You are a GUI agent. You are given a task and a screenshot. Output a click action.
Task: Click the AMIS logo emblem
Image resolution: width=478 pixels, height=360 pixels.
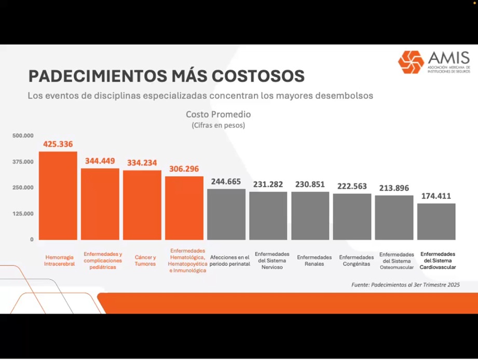point(411,62)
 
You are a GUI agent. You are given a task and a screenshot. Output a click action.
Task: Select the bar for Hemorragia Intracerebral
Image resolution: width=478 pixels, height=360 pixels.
point(58,195)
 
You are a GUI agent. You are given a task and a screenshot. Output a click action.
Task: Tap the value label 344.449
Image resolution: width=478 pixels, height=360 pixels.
point(100,161)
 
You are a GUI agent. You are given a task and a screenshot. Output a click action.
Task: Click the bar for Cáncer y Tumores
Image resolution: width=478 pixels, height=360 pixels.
point(142,205)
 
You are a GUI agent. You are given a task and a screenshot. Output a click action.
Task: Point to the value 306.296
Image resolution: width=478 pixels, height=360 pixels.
point(184,169)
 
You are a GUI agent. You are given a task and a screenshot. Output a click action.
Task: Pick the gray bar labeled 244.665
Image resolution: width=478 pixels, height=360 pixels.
point(226,214)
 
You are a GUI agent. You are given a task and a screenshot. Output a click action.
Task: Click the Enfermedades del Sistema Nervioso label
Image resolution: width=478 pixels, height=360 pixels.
point(268,260)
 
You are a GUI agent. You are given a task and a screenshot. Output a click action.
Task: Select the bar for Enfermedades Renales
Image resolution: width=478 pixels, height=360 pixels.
point(310,216)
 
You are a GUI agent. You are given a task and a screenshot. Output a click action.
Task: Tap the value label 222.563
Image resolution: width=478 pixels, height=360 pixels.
point(352,186)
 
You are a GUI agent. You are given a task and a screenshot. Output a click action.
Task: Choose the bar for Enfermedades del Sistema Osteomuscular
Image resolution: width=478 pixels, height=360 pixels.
point(394,217)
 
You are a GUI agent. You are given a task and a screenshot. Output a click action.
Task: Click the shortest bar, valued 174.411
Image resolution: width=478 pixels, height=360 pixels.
point(436,221)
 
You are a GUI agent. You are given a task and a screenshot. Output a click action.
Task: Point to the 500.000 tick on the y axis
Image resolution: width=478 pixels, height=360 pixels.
point(23,136)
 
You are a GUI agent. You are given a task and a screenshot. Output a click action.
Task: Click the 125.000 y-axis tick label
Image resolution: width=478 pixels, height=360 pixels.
point(23,214)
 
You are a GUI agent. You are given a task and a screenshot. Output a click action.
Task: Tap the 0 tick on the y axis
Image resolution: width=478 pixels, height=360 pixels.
point(32,239)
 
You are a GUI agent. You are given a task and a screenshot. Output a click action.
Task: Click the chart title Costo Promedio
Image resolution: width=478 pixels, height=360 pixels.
point(218,114)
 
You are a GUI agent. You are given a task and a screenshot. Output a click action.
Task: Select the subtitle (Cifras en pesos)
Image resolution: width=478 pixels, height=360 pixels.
point(218,125)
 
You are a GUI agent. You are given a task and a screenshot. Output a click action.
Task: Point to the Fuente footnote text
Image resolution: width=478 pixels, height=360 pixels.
point(405,285)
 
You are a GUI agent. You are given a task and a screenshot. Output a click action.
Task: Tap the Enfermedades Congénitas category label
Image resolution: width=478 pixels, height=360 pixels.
point(356,260)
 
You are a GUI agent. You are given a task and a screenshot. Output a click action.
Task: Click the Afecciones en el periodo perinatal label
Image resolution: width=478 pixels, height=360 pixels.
point(230,260)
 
